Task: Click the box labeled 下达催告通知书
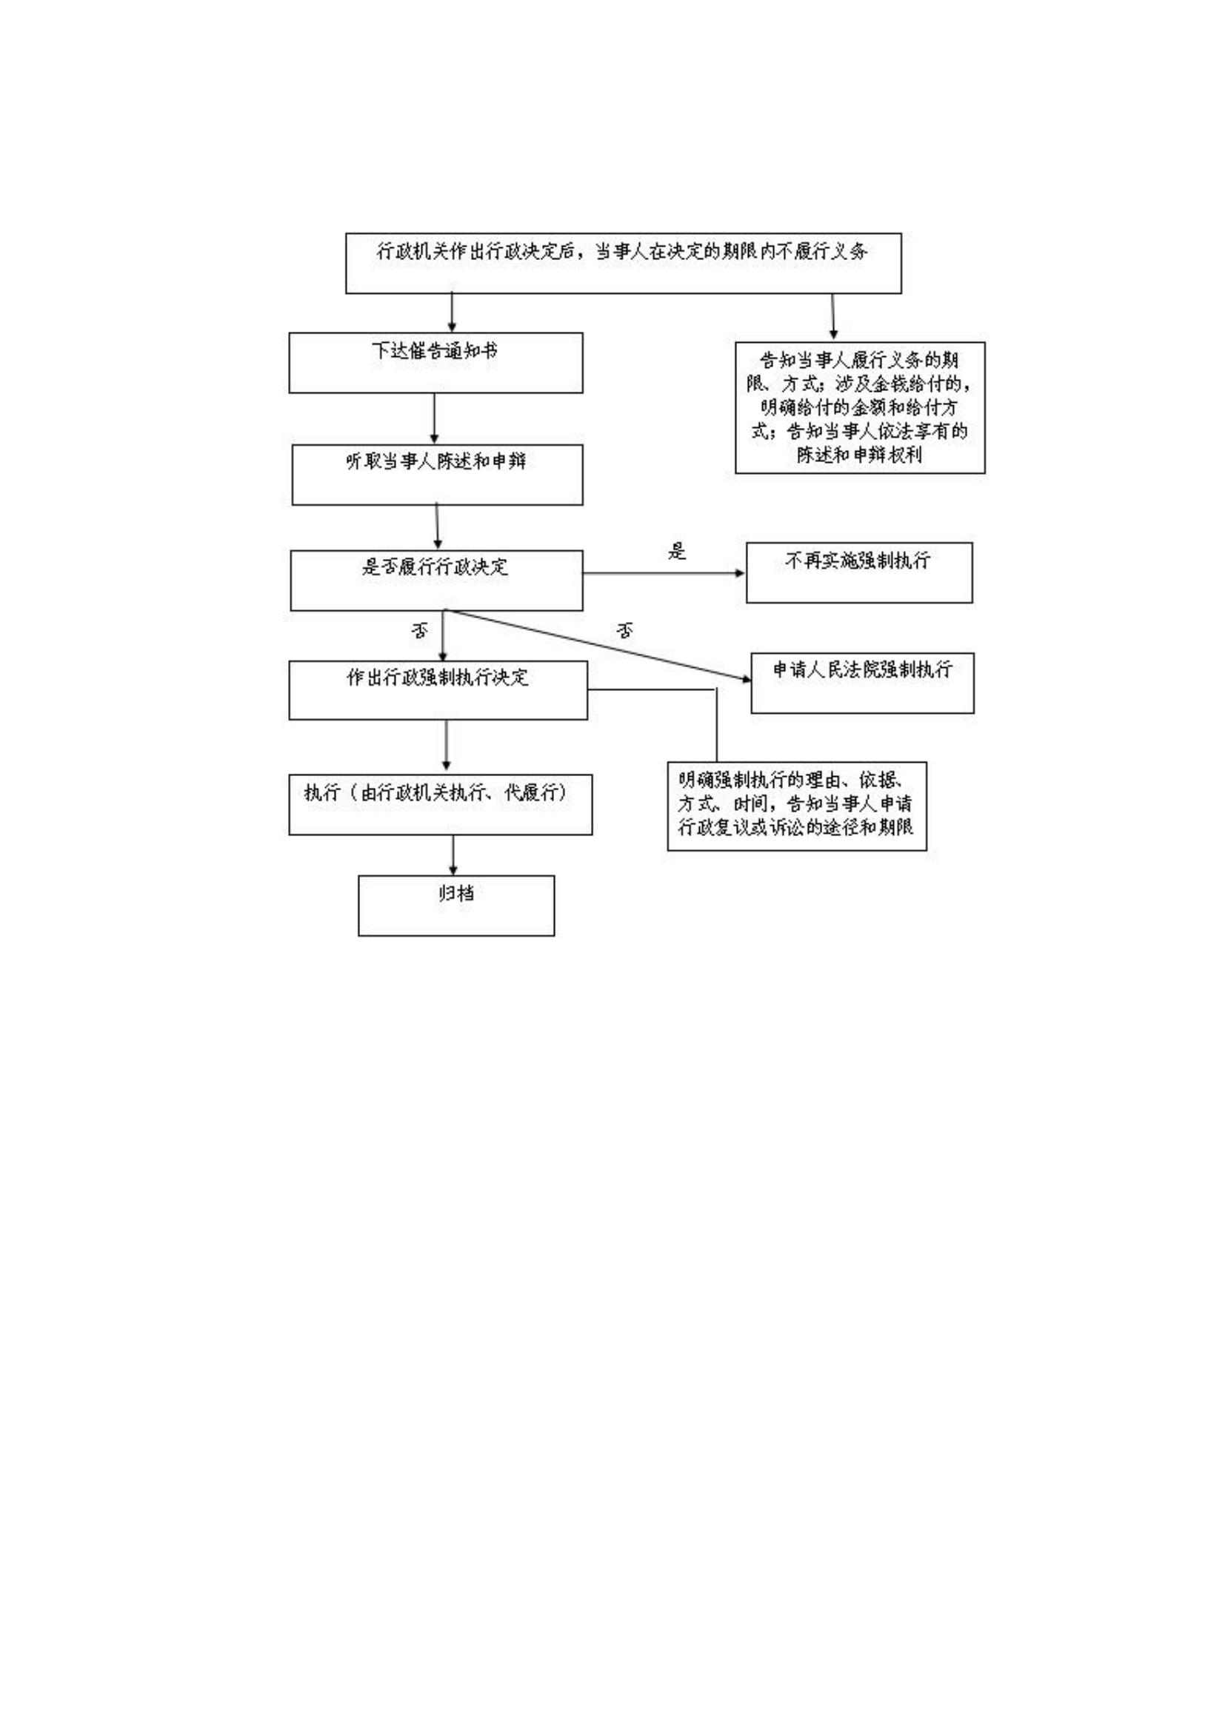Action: [x=435, y=362]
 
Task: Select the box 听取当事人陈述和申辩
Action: [x=437, y=475]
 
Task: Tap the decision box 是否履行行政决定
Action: [x=436, y=580]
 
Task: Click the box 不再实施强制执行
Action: [x=858, y=572]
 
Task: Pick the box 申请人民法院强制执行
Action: [x=861, y=683]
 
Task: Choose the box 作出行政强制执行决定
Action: [x=438, y=690]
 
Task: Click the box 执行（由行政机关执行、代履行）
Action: [x=440, y=804]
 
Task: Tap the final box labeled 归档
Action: [x=455, y=905]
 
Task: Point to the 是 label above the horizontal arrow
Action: [x=677, y=552]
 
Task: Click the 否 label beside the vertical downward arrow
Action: [x=419, y=631]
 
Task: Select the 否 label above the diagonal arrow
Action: [x=624, y=631]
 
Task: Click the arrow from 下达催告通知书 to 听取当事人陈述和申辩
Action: [x=434, y=418]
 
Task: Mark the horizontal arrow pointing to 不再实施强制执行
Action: [x=664, y=573]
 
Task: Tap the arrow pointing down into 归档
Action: [x=453, y=855]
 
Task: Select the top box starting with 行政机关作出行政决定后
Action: [x=623, y=263]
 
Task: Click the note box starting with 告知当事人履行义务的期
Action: [x=859, y=407]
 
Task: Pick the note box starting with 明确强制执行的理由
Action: [x=797, y=806]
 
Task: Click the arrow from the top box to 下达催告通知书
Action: [x=452, y=312]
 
